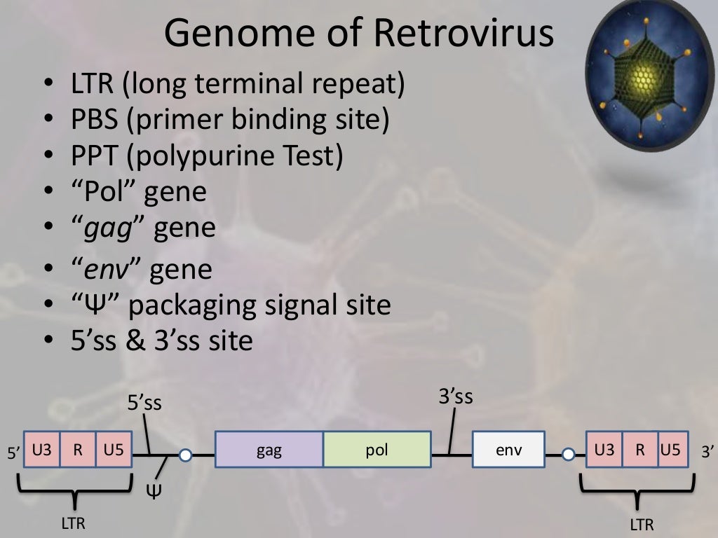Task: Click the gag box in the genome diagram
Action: (x=269, y=450)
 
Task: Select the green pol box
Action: (x=377, y=450)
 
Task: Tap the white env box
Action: (x=508, y=450)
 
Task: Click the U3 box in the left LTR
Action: (x=42, y=450)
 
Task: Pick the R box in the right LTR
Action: (x=640, y=450)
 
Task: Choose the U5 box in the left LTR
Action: (x=114, y=450)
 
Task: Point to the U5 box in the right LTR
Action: (x=670, y=450)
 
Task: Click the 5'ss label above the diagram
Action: (x=144, y=403)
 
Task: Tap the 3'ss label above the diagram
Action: (x=456, y=397)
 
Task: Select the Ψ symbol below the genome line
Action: (x=154, y=488)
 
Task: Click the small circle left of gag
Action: (x=185, y=456)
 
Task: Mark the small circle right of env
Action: (x=569, y=456)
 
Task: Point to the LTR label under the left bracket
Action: (x=72, y=523)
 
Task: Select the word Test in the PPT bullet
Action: (x=311, y=156)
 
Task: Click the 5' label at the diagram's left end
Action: (x=13, y=453)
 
